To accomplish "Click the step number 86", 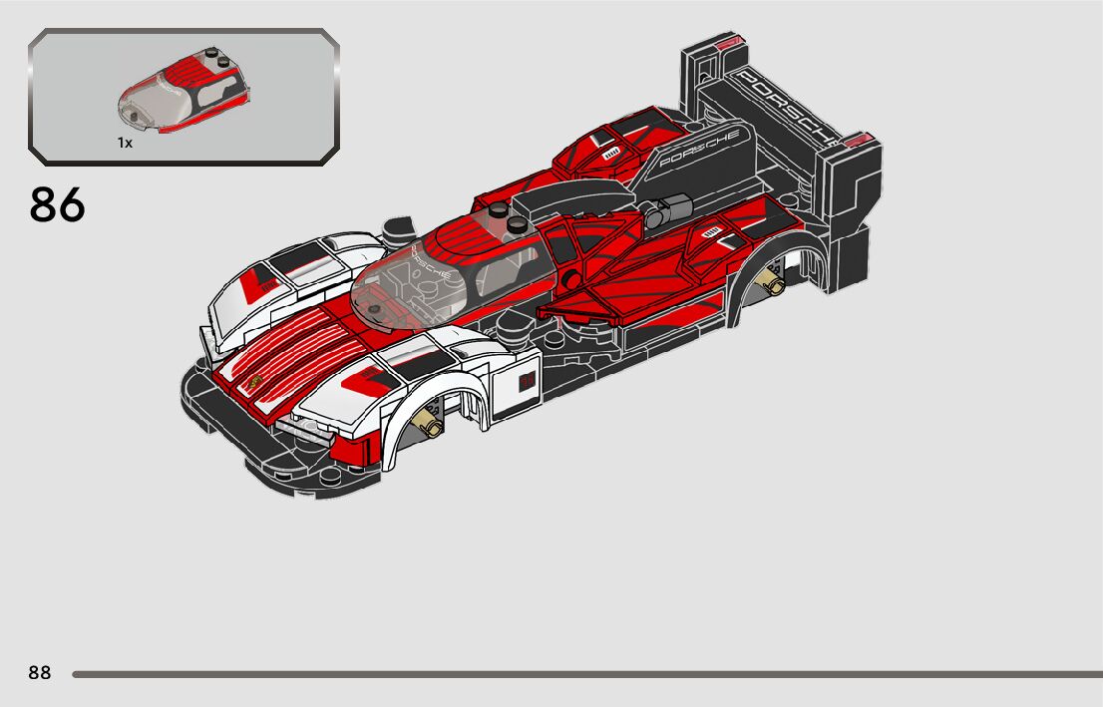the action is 58,205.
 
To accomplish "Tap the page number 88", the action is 40,673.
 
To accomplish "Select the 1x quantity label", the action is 125,143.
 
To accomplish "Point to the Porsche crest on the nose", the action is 256,383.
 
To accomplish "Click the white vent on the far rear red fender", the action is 610,152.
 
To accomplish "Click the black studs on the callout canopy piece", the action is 217,59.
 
